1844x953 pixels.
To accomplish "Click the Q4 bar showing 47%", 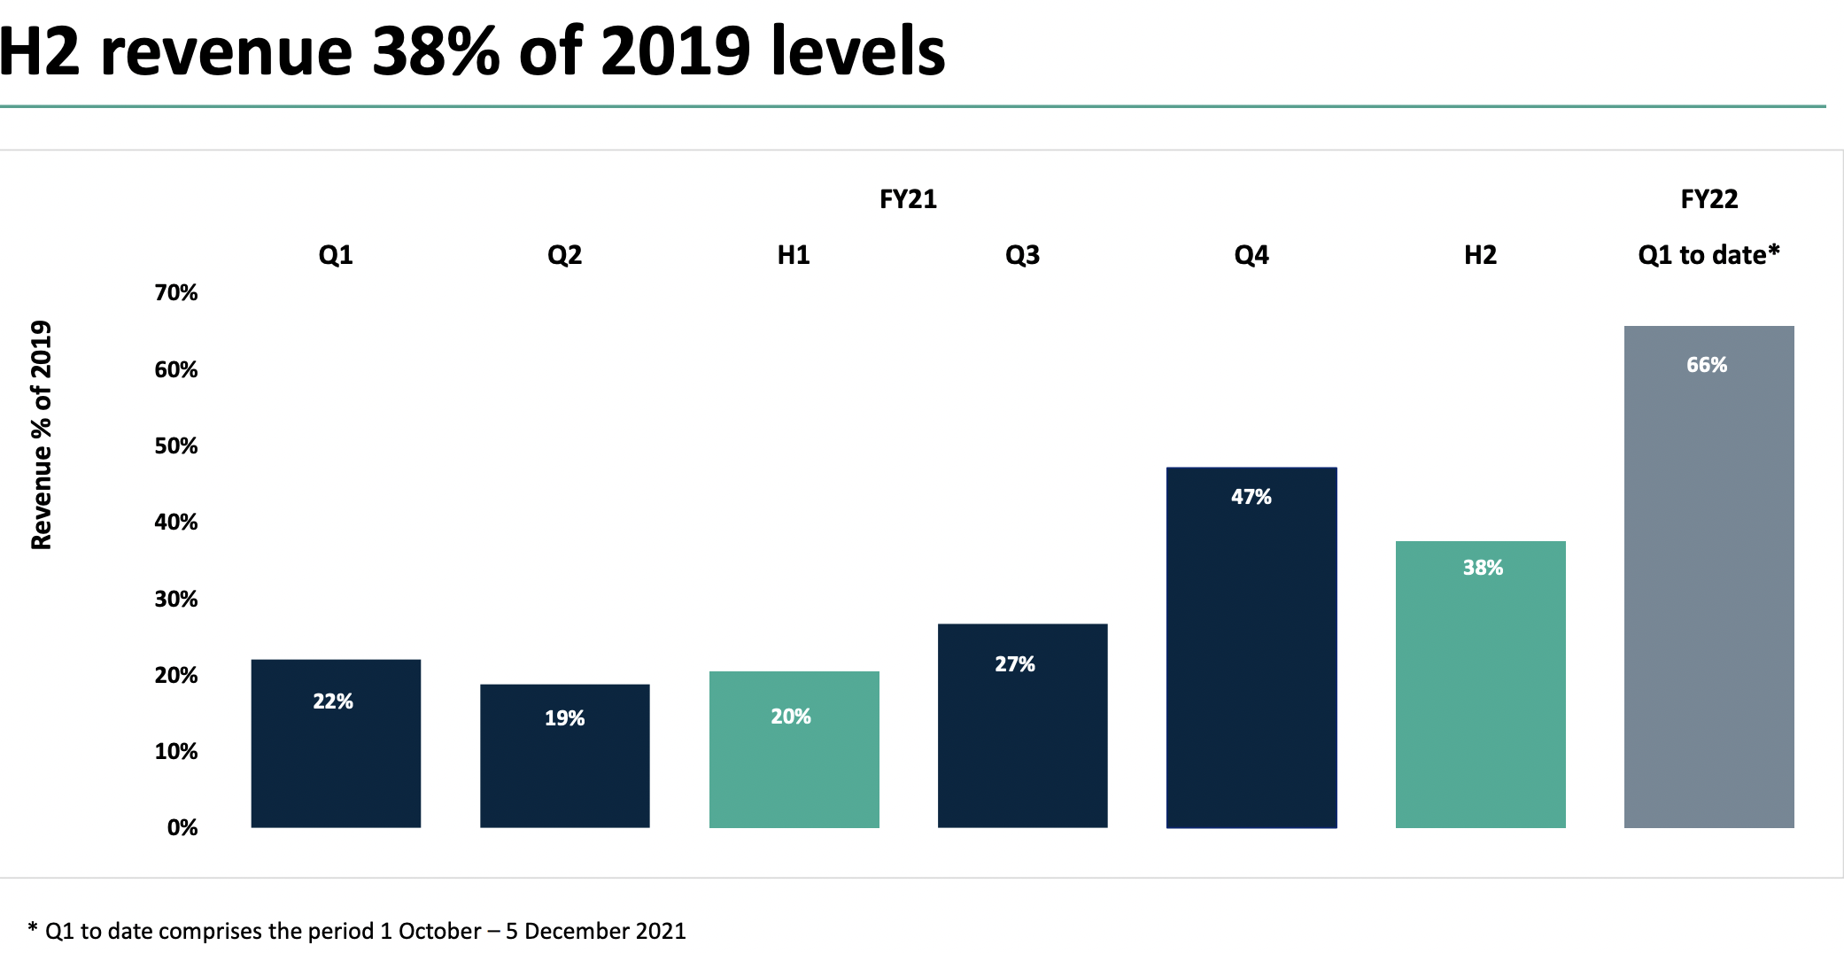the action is (1251, 647).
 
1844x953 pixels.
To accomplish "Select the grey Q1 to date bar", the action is (1709, 577).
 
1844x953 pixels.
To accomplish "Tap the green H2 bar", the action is (1481, 685).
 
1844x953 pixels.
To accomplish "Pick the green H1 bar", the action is (794, 749).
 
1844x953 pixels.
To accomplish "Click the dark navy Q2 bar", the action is (565, 755).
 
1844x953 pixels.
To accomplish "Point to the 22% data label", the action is (333, 701).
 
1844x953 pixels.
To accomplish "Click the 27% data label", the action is (1015, 664).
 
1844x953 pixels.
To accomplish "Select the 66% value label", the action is (1707, 365).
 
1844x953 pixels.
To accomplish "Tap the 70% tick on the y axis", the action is (176, 292).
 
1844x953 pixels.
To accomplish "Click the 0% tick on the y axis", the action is (182, 827).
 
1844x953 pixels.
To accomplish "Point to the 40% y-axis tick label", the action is (176, 522).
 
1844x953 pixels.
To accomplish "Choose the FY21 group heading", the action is (908, 199).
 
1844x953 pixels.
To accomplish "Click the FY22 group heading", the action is (1709, 199).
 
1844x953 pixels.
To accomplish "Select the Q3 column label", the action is (1022, 255).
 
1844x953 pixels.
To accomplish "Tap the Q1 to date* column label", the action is (1709, 255).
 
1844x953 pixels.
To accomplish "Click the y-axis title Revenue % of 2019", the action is (42, 435).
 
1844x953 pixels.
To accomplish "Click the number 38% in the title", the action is (436, 51).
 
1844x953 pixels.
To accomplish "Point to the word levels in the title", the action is (858, 51).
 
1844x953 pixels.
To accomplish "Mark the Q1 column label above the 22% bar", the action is (336, 255).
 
